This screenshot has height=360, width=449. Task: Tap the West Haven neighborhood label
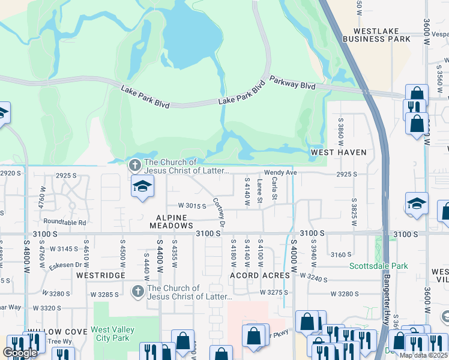coord(338,152)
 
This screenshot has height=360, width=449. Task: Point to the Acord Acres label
coord(260,275)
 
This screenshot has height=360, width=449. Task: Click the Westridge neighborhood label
coord(101,275)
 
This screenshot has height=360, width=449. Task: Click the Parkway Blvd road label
coord(292,82)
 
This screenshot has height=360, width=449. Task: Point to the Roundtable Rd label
coord(65,222)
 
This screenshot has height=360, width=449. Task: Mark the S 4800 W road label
coord(26,258)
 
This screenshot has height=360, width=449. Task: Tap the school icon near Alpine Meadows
coord(142,187)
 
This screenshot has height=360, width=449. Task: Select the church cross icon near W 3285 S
coord(137,292)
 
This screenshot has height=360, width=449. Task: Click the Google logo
coord(20,353)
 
